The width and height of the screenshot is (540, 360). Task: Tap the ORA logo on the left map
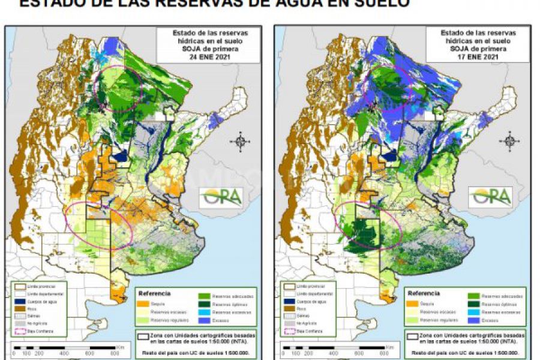coord(222,196)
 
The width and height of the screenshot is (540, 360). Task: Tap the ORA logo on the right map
coord(491,196)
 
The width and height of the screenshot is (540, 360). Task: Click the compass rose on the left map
coord(240,142)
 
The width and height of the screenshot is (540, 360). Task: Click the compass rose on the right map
coord(509,142)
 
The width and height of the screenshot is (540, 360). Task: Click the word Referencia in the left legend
coord(155,294)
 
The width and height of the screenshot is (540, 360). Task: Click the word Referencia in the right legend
coord(424,294)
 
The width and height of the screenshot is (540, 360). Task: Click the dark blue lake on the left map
coord(122,155)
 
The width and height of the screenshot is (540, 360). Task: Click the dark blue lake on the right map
coord(391,155)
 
